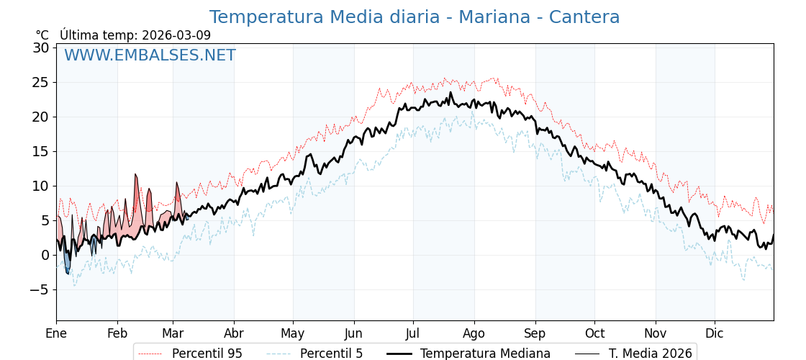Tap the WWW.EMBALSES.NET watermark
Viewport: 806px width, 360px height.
click(x=150, y=55)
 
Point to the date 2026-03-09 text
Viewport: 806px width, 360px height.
click(x=176, y=35)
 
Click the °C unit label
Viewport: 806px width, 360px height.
click(x=42, y=35)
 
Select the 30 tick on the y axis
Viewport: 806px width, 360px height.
click(x=40, y=48)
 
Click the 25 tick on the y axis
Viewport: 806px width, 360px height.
click(x=40, y=82)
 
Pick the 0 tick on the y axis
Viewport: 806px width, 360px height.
click(x=45, y=255)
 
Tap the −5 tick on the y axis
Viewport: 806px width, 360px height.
click(x=40, y=289)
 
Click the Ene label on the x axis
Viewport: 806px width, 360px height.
click(x=56, y=333)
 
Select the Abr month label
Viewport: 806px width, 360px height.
click(x=234, y=333)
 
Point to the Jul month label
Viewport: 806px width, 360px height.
click(x=413, y=333)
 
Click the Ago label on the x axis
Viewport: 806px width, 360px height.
click(x=474, y=333)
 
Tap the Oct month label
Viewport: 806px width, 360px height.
click(x=594, y=333)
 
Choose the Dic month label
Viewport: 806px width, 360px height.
click(x=715, y=333)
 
